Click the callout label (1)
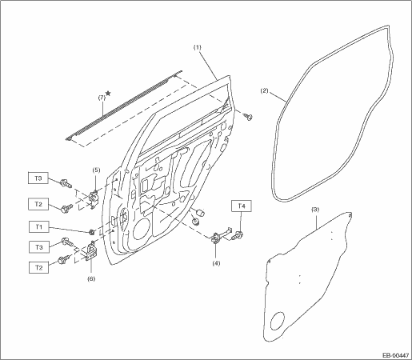198,48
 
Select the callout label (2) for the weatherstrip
264,91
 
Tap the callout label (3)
315,210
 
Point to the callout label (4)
216,263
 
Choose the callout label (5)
96,170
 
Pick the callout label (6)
91,278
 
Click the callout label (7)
102,98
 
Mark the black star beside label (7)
108,93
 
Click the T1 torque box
39,227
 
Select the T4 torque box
242,206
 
